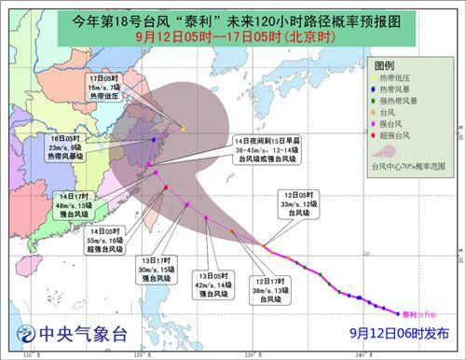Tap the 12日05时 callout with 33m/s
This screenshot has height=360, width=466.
304,209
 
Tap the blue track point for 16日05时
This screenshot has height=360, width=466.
153,140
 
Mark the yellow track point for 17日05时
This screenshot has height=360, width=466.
183,128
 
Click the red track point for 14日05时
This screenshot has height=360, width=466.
166,187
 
